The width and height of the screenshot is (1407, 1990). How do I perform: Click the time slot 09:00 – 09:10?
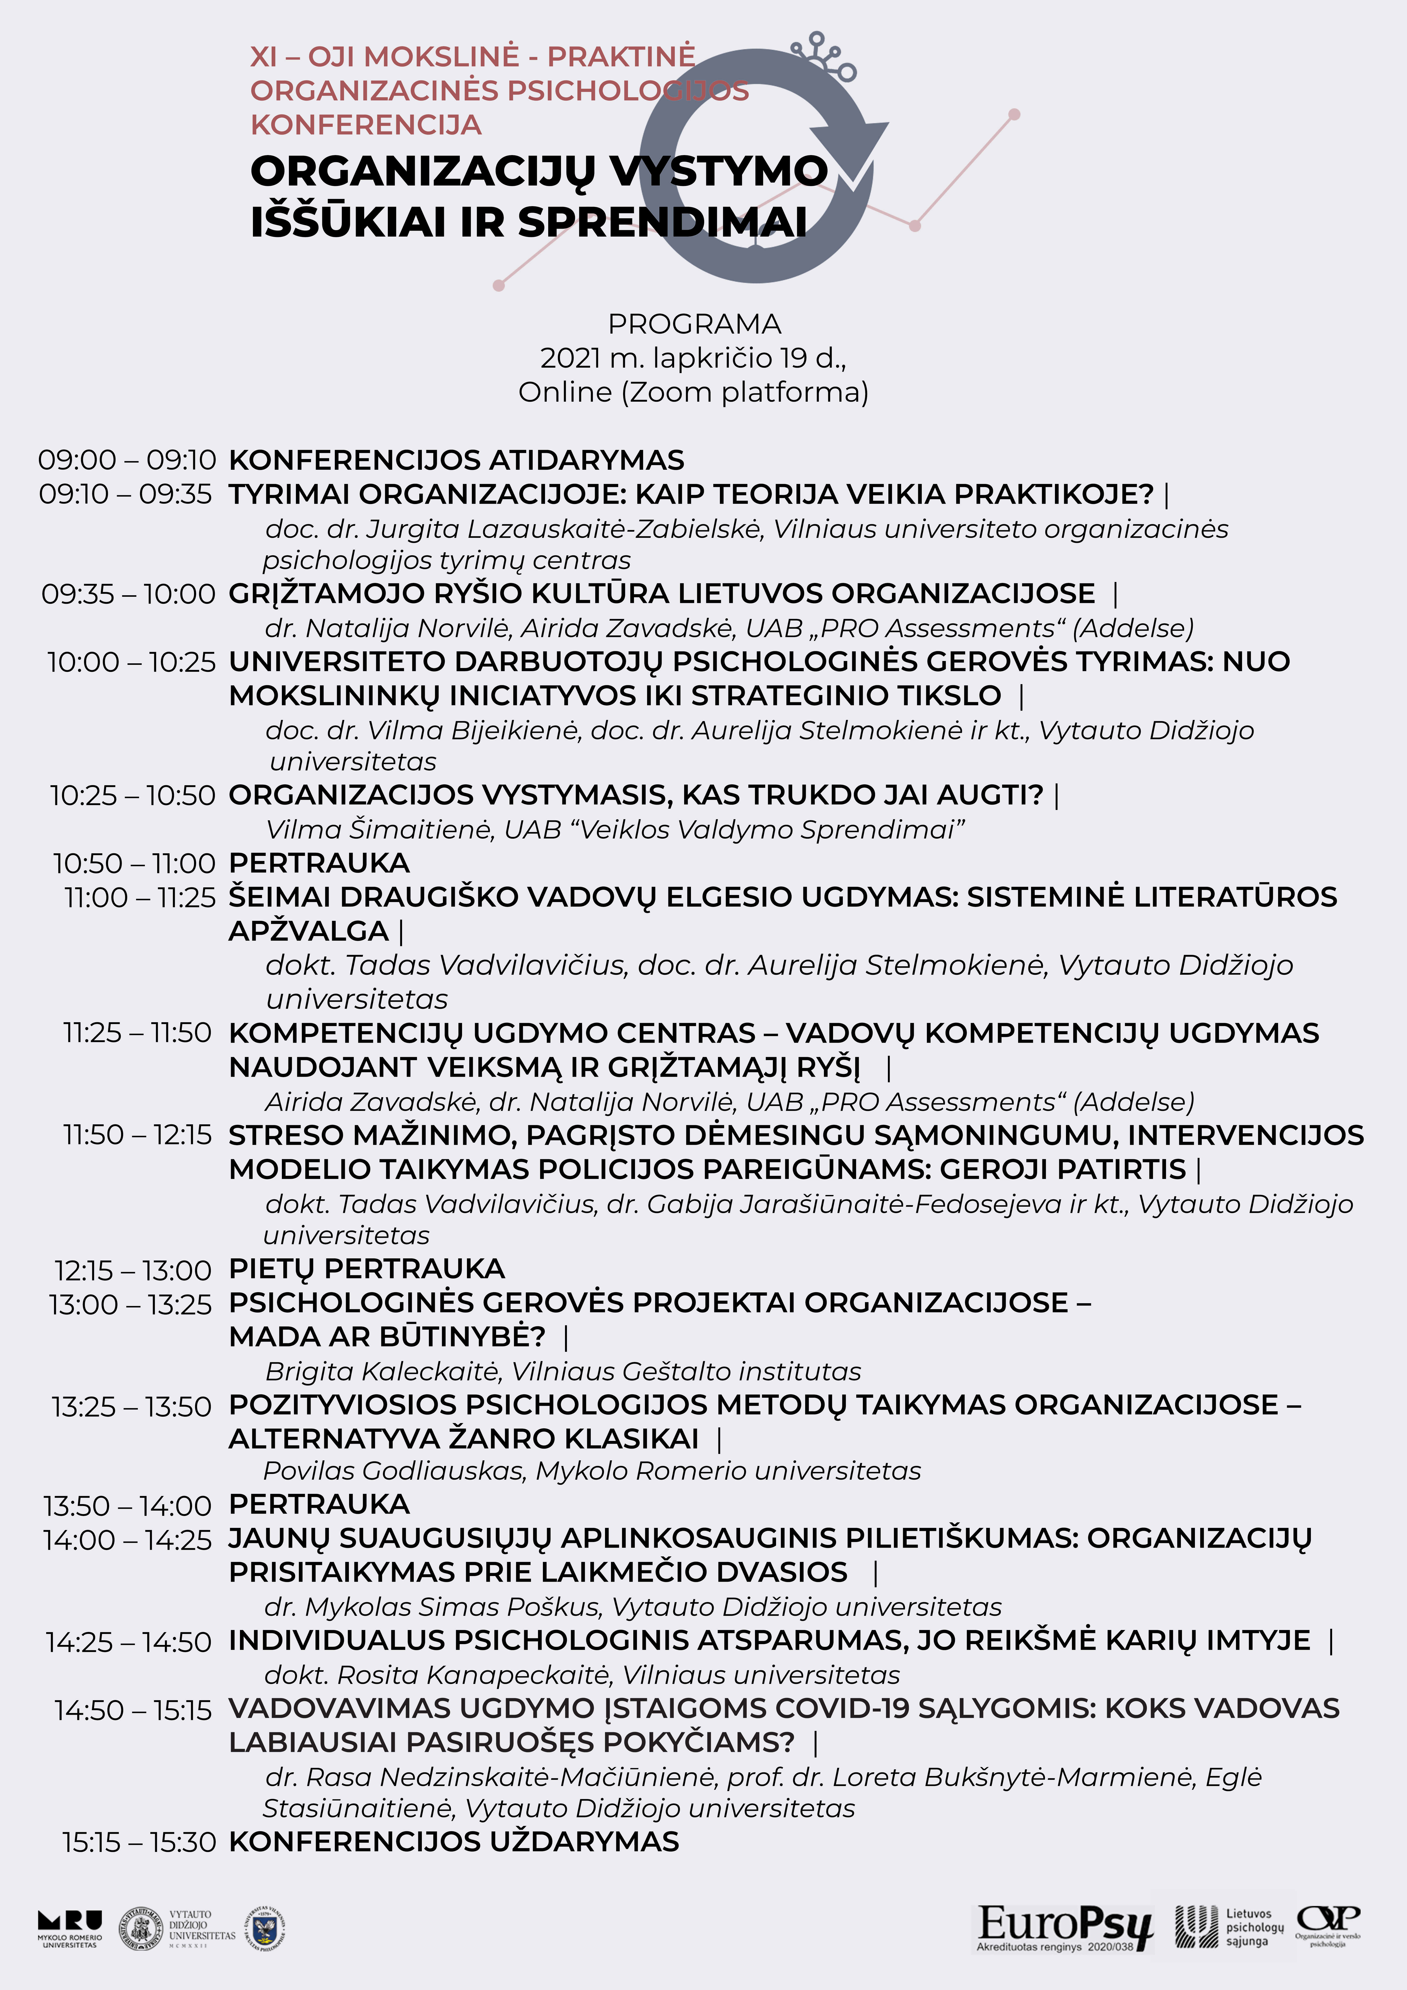(x=127, y=460)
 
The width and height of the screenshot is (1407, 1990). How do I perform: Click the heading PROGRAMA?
(x=694, y=324)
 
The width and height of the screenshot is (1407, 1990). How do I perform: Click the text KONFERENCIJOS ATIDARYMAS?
(x=456, y=460)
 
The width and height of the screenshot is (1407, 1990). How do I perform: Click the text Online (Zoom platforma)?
(x=694, y=393)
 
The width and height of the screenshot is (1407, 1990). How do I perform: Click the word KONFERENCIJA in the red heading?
(x=366, y=125)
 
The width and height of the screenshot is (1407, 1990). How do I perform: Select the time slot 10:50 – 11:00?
(x=134, y=863)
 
